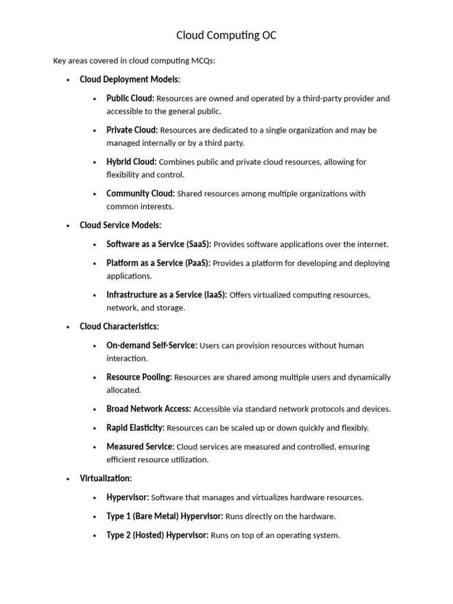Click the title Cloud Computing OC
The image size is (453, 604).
226,35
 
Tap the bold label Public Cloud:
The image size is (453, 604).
130,99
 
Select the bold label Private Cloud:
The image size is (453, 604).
132,130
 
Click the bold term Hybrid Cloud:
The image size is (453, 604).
132,162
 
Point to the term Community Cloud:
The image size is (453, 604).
140,193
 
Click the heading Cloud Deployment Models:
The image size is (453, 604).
130,79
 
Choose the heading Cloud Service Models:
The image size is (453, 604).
120,225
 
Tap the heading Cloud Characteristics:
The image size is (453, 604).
119,326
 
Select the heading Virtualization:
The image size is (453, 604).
106,478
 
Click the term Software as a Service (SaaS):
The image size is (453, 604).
159,244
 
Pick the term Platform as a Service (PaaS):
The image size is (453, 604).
158,263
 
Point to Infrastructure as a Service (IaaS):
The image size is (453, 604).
166,295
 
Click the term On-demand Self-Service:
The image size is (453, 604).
152,346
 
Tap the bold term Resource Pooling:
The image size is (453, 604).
139,377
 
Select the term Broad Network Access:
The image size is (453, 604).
149,409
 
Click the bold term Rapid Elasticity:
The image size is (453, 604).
135,428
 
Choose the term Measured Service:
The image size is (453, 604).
140,447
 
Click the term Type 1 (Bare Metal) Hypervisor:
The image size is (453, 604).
165,517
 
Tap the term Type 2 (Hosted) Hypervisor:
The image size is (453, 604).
157,536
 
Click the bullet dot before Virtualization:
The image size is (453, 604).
68,479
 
